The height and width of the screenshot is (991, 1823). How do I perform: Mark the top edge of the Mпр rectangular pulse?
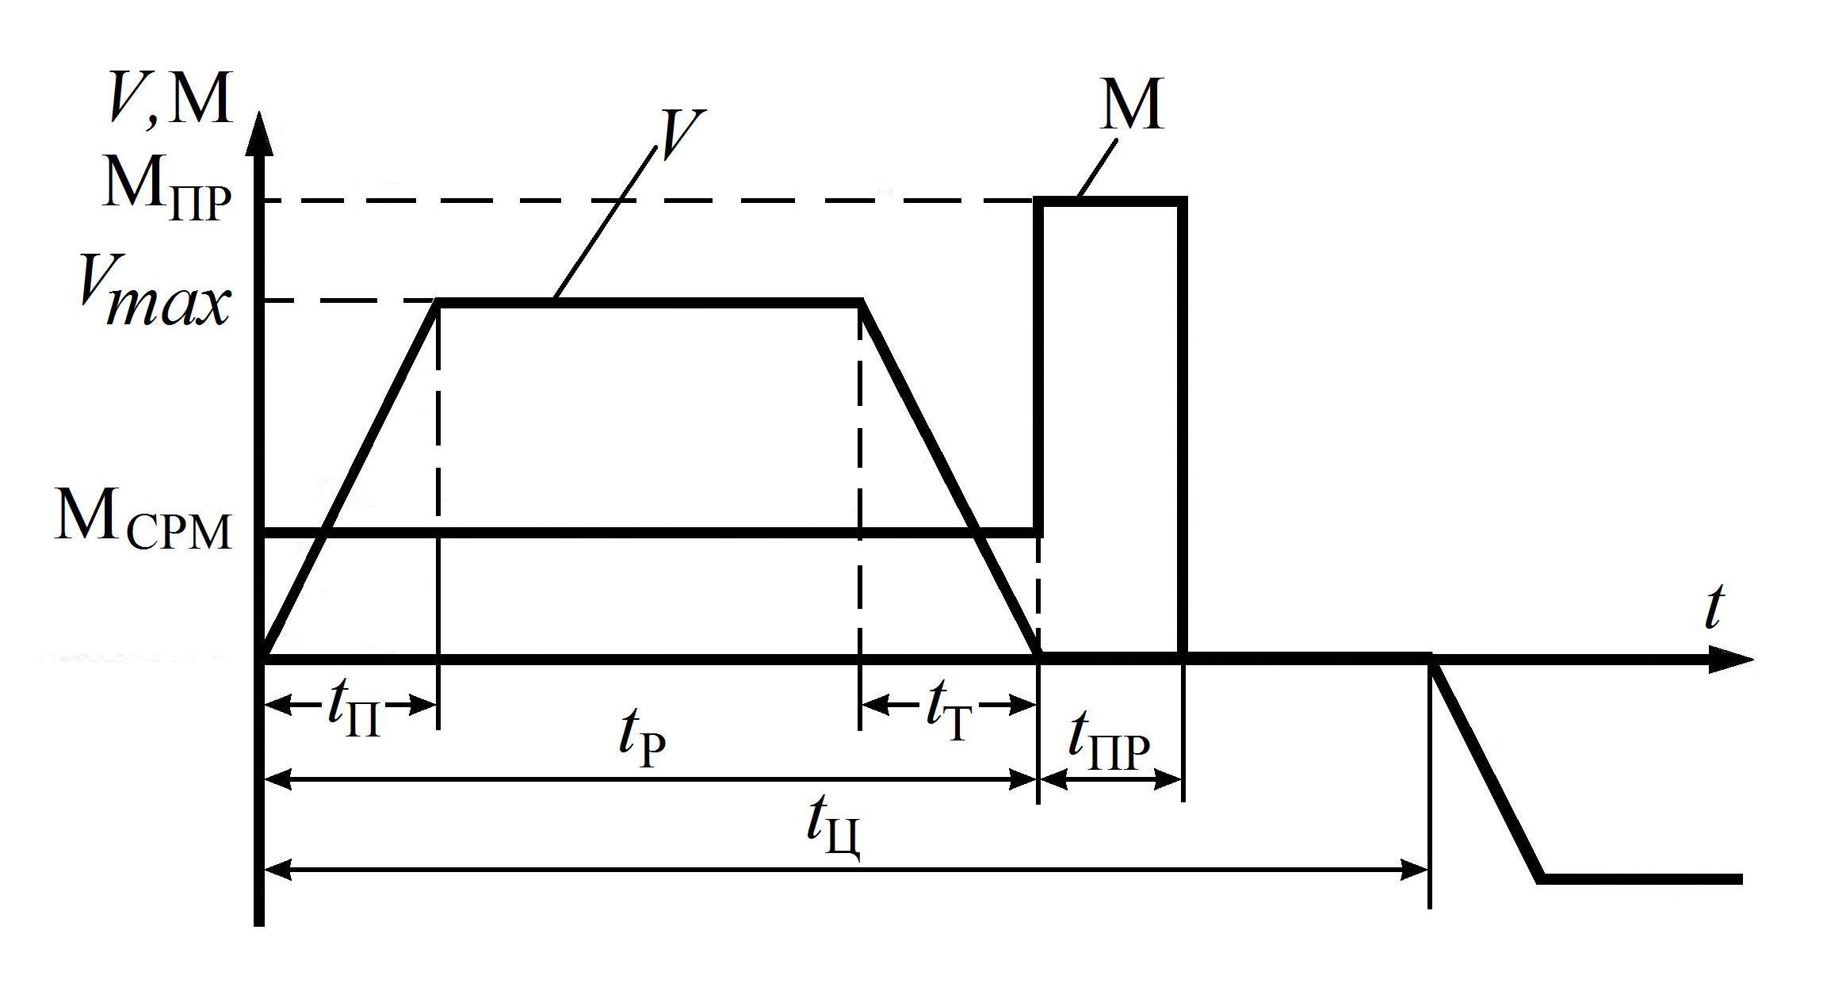pyautogui.click(x=1114, y=202)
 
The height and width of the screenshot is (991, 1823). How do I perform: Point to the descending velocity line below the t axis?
pyautogui.click(x=1486, y=769)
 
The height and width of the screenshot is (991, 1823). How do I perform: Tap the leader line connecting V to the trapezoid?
pyautogui.click(x=606, y=222)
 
